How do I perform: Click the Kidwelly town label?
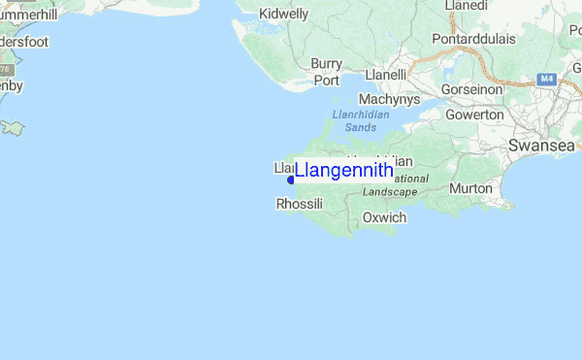pyautogui.click(x=283, y=15)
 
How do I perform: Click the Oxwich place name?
pyautogui.click(x=384, y=217)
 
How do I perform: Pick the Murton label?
pyautogui.click(x=471, y=187)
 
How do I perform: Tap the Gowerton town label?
pyautogui.click(x=474, y=115)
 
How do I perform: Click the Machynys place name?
pyautogui.click(x=389, y=99)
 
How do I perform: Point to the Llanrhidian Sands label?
pyautogui.click(x=360, y=120)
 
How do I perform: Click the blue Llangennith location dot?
pyautogui.click(x=291, y=180)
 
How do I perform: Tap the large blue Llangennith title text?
pyautogui.click(x=344, y=171)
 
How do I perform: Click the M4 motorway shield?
pyautogui.click(x=546, y=78)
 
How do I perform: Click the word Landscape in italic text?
pyautogui.click(x=390, y=192)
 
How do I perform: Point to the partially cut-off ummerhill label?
pyautogui.click(x=29, y=15)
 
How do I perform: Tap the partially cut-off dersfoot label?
pyautogui.click(x=23, y=43)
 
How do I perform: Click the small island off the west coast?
pyautogui.click(x=13, y=127)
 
